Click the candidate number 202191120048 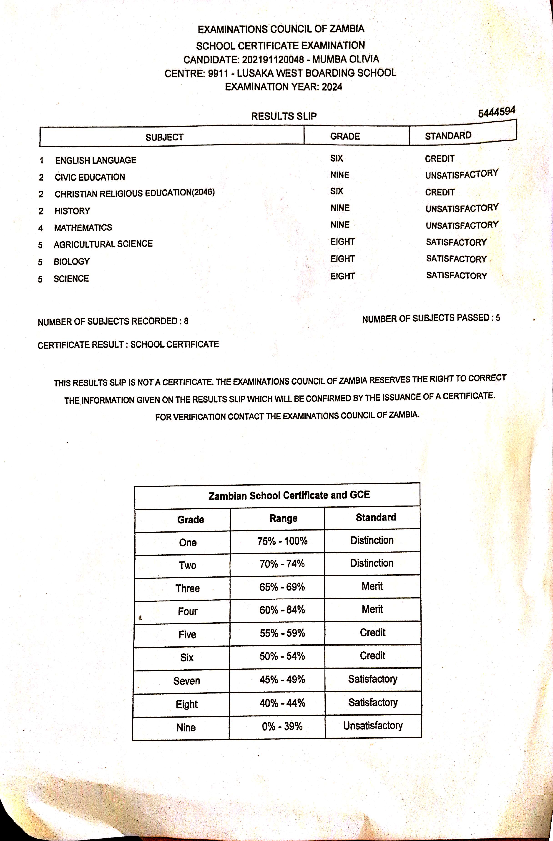click(273, 59)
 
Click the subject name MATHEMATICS click(83, 228)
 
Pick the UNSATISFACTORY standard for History click(462, 208)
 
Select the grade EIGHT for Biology click(342, 259)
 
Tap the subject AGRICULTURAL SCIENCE click(103, 244)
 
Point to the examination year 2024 click(332, 87)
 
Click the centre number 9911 click(218, 73)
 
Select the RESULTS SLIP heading click(284, 116)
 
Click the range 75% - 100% click(282, 541)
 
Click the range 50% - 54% click(282, 656)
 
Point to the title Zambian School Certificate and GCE click(289, 495)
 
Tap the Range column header click(283, 518)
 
